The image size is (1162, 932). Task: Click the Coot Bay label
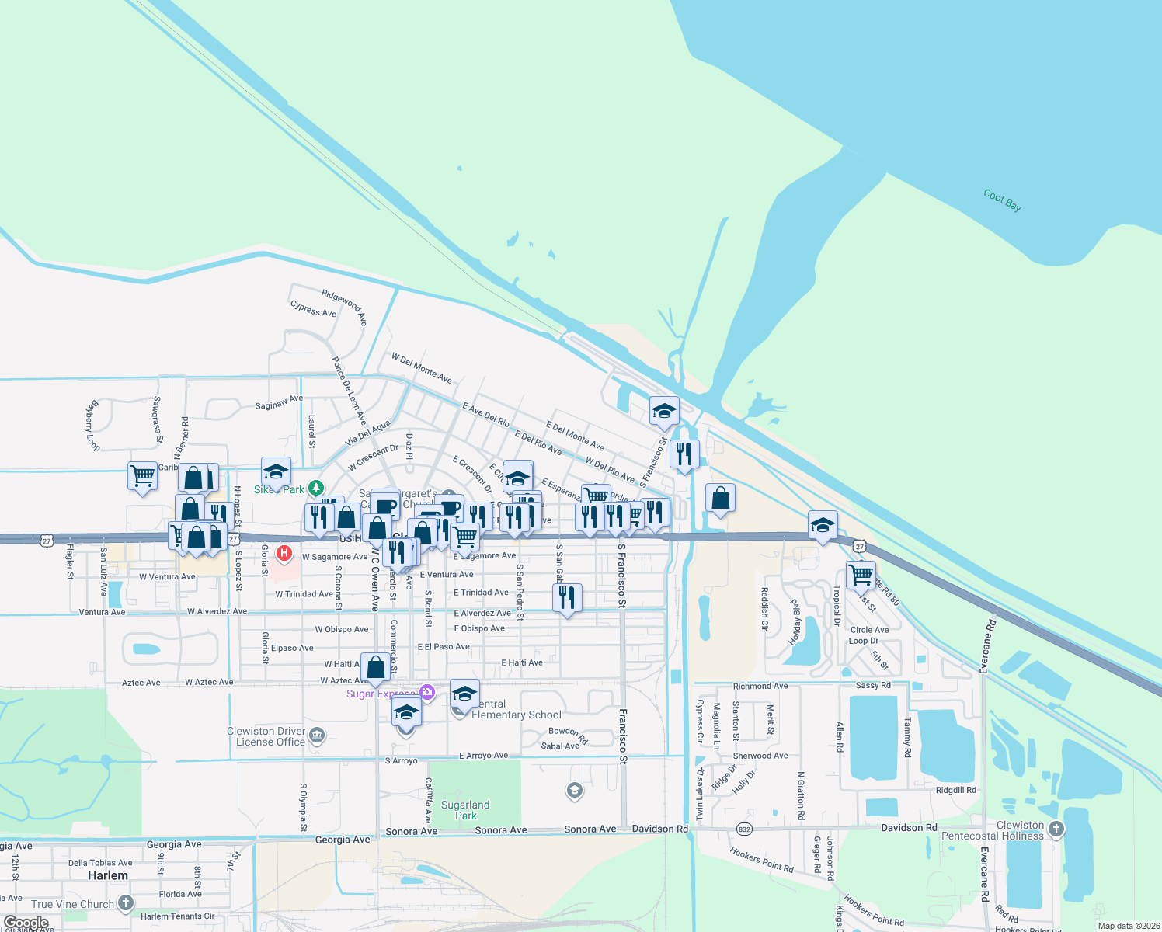point(1002,200)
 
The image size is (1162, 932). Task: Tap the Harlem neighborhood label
point(108,875)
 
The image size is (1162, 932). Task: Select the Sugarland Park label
point(465,810)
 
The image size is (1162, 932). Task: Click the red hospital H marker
point(285,553)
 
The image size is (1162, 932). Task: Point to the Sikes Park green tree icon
point(315,488)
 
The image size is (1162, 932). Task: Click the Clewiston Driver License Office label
point(266,736)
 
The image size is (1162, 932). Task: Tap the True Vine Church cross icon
point(126,903)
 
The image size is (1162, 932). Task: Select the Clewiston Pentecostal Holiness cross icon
point(1056,829)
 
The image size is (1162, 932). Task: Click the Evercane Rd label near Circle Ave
point(986,646)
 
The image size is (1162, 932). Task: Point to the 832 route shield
point(745,829)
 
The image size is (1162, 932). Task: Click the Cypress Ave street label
point(313,309)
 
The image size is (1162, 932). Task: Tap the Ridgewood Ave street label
point(345,306)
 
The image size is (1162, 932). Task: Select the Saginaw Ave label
point(279,402)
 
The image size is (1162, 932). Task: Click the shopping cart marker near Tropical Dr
point(861,576)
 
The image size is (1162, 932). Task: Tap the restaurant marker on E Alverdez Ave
point(567,597)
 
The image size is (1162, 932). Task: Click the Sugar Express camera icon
point(426,692)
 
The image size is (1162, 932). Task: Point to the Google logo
point(26,923)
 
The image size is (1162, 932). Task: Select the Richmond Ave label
point(760,686)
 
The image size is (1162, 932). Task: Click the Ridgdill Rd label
point(955,790)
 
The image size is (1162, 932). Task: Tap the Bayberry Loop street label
point(92,426)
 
